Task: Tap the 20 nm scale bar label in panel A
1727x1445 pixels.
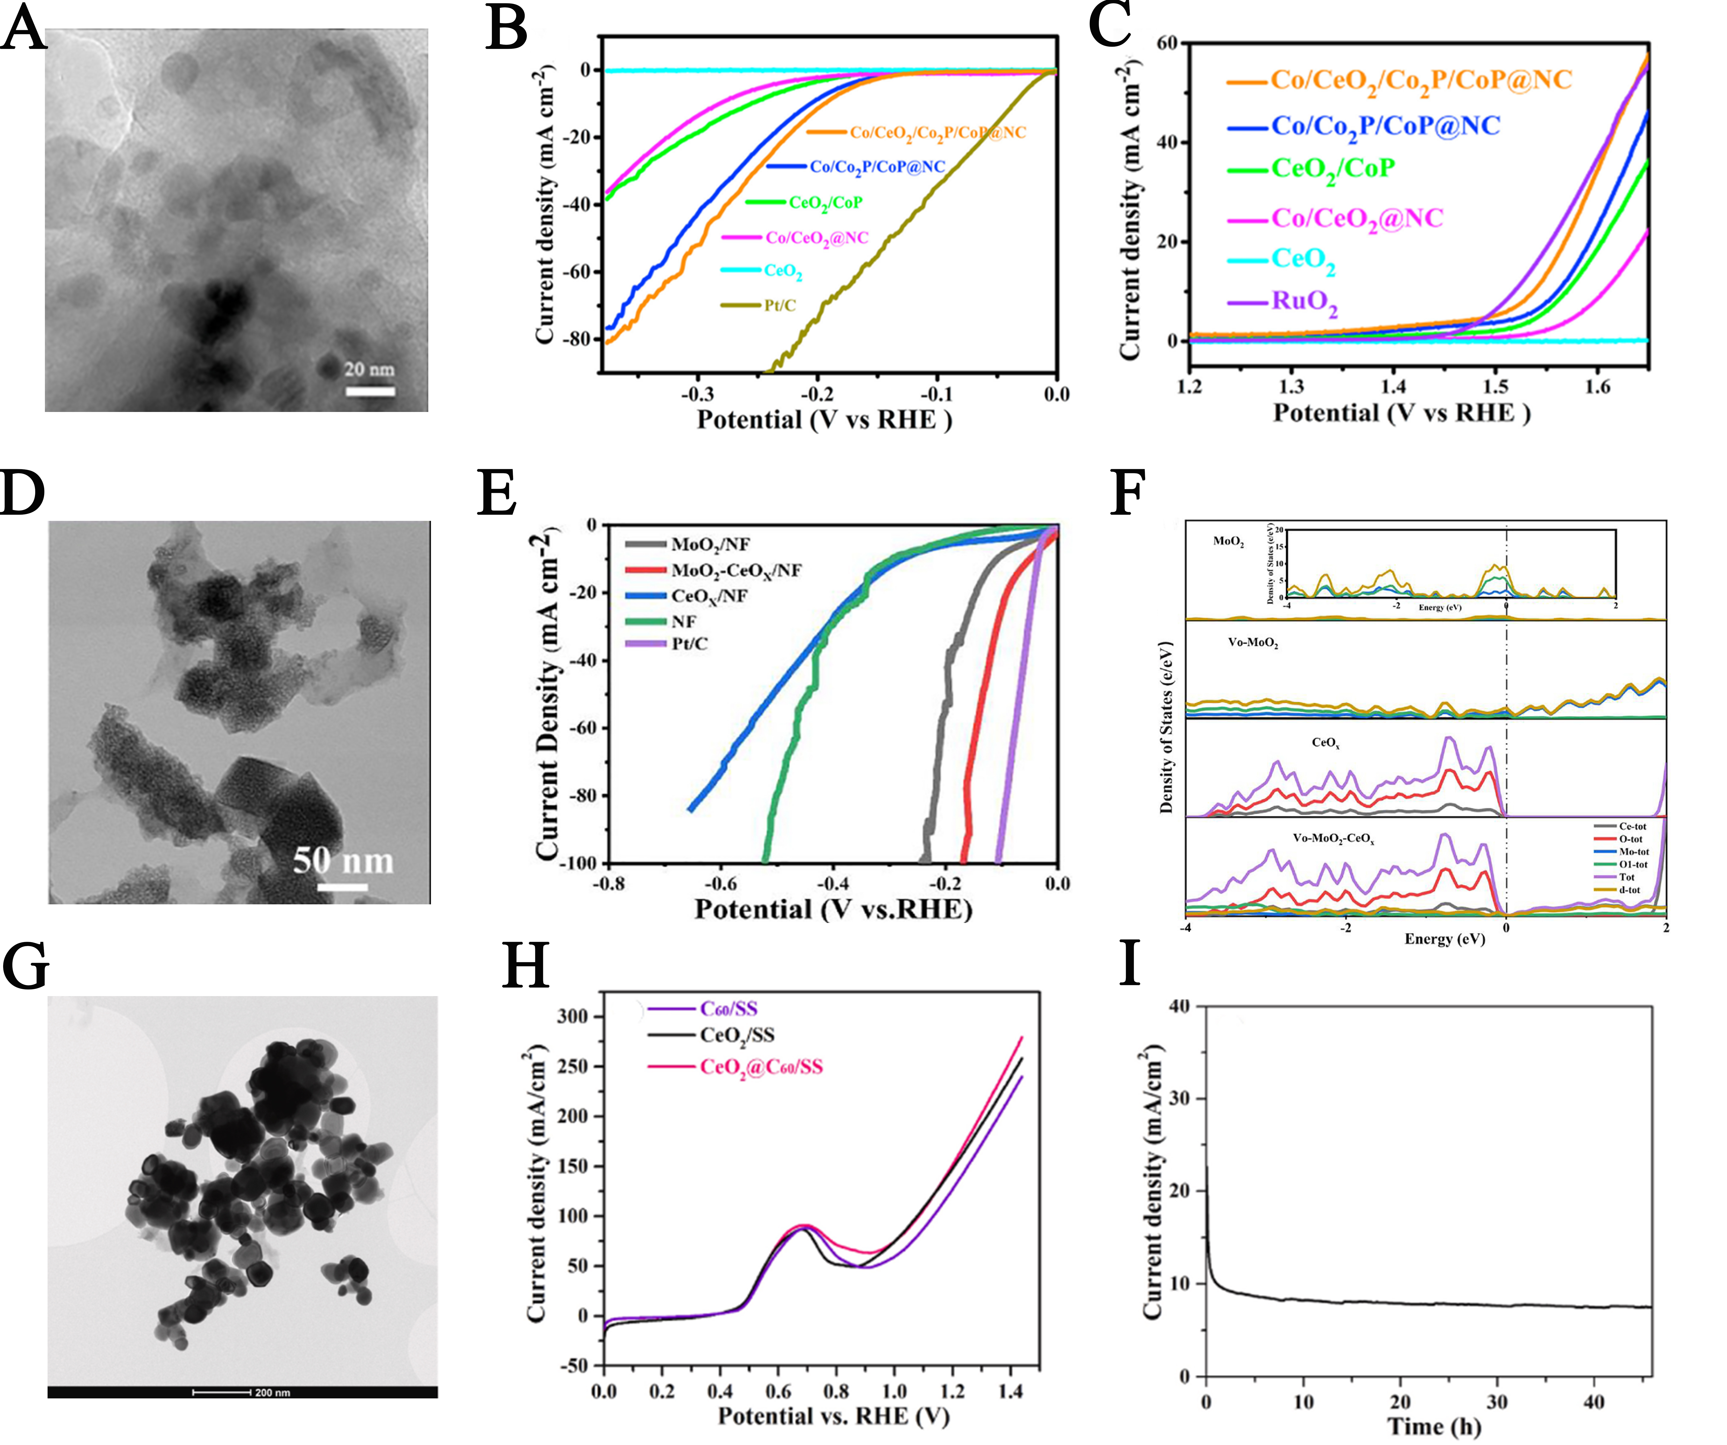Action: [x=369, y=369]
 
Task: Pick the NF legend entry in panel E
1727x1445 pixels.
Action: [x=684, y=621]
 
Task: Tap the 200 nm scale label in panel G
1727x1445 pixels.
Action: [x=272, y=1392]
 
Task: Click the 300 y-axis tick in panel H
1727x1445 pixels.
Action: [x=573, y=1017]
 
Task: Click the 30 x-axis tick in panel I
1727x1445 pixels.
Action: [x=1498, y=1401]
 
